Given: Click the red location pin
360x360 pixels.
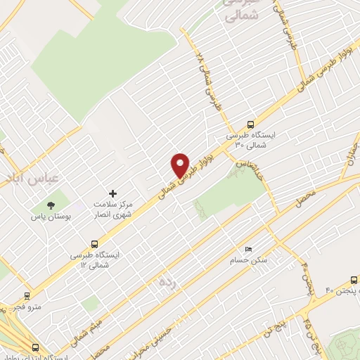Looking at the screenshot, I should coord(181,165).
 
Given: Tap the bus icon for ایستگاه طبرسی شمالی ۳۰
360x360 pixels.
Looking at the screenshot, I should coord(251,124).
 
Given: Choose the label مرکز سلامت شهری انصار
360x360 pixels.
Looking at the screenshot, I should coord(113,208).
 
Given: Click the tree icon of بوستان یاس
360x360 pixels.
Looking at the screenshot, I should coord(51,205).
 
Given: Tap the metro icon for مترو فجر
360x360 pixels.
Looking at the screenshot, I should coord(27,296).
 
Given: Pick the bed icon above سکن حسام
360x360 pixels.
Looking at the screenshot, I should coord(248,250).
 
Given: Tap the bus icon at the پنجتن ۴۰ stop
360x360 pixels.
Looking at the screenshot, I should coord(350,279).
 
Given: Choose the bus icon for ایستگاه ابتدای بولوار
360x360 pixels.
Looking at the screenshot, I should coord(36,347).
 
